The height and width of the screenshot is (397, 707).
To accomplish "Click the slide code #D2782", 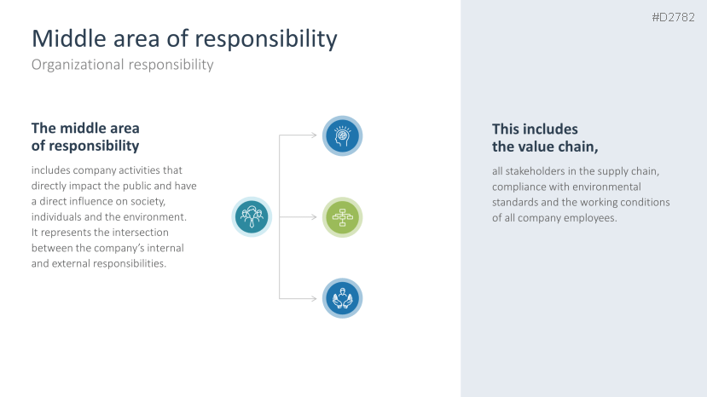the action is point(673,18).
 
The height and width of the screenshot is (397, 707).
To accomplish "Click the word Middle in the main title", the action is point(69,38).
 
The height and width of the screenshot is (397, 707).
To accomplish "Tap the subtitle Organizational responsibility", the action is point(122,65).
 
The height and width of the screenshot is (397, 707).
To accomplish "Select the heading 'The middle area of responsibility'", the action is point(85,137).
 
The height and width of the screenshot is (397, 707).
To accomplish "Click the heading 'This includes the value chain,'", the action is point(545,138).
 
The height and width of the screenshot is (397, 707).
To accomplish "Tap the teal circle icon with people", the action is point(252,216).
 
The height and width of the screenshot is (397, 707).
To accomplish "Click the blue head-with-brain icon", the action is point(342,135).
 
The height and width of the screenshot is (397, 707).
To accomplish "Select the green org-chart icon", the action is point(342,217).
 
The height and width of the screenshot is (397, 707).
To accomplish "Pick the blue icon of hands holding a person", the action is point(342,298).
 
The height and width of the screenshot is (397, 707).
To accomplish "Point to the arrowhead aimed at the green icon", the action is point(315,217).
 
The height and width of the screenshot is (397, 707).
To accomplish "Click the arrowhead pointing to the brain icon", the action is point(315,135).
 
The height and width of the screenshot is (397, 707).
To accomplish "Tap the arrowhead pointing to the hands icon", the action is point(315,298).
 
